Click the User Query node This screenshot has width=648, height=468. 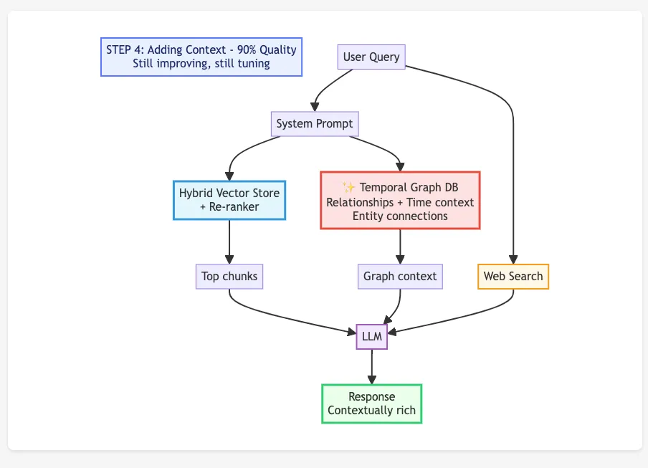[x=371, y=57]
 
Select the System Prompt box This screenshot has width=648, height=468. [x=315, y=124]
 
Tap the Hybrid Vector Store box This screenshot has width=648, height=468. [x=229, y=200]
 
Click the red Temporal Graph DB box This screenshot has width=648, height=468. [x=400, y=200]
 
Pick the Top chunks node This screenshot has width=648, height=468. [x=229, y=277]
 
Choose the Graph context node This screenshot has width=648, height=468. [x=400, y=277]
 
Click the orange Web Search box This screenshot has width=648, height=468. [x=513, y=277]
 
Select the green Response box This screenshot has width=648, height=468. [x=371, y=403]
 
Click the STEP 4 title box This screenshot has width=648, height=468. [x=201, y=57]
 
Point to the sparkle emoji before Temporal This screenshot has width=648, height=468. [x=349, y=188]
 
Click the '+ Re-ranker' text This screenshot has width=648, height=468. [x=229, y=207]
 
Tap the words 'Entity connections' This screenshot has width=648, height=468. [x=400, y=216]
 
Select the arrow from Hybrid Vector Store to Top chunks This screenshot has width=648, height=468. [x=229, y=242]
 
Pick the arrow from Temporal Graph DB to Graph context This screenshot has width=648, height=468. [x=400, y=246]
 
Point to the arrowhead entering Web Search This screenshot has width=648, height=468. [x=513, y=259]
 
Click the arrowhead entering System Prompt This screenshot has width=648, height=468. [x=315, y=107]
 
